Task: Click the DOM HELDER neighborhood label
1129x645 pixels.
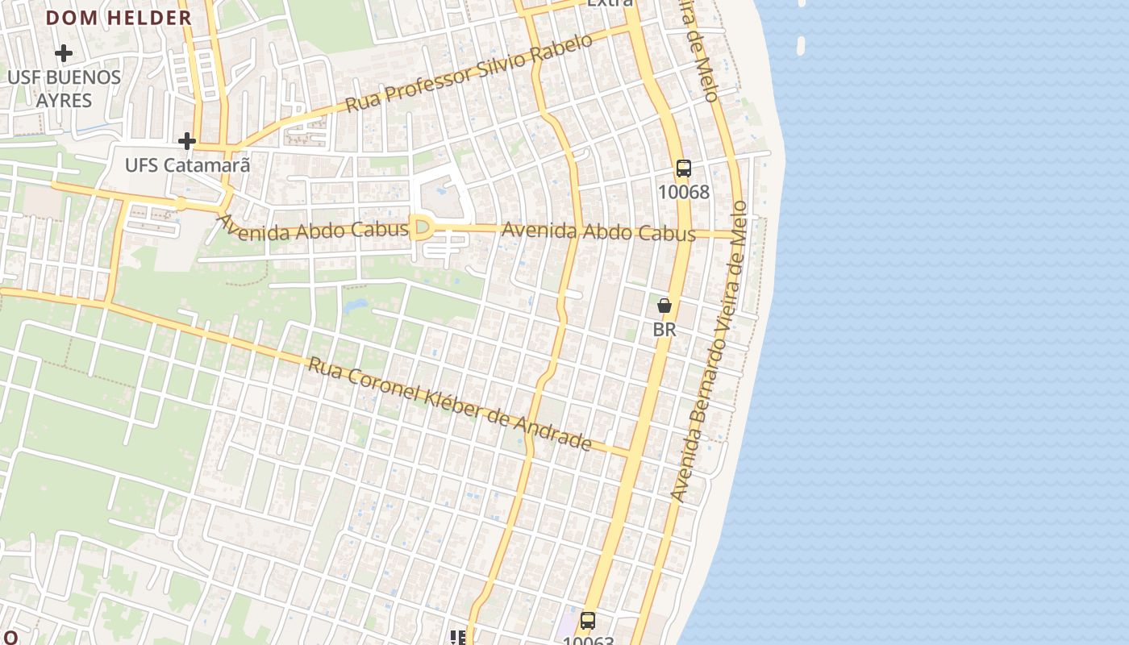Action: (119, 18)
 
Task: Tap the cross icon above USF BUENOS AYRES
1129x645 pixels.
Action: (63, 54)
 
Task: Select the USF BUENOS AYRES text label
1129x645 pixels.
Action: (64, 89)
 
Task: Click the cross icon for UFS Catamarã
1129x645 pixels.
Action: (187, 142)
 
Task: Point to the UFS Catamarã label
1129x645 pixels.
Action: (187, 166)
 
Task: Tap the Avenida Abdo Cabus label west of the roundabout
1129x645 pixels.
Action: (312, 228)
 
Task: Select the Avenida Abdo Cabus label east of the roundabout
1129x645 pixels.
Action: (598, 232)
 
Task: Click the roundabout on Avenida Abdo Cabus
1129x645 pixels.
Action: (420, 228)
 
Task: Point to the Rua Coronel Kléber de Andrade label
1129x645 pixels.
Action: (450, 403)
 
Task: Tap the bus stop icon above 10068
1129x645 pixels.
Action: (684, 169)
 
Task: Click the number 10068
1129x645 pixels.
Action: (684, 192)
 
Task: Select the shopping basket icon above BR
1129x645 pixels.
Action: (664, 306)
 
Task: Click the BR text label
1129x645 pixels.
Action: (664, 330)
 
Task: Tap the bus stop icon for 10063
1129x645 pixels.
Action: (588, 621)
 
